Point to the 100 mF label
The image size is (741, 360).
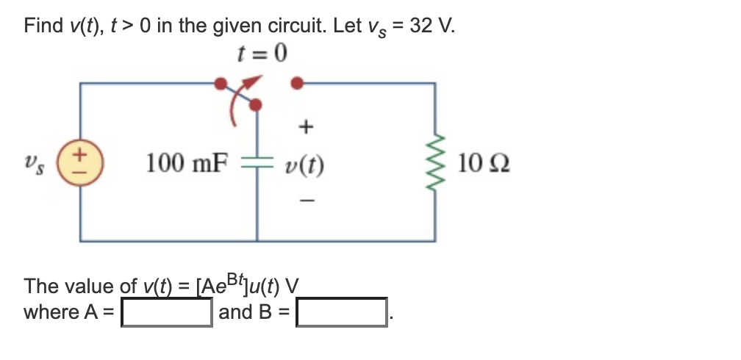pos(187,162)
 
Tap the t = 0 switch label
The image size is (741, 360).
pos(262,53)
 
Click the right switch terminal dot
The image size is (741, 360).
pos(297,84)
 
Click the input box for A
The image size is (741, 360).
pos(167,312)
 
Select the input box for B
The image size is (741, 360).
pos(342,312)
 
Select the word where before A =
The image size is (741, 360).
pos(51,312)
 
